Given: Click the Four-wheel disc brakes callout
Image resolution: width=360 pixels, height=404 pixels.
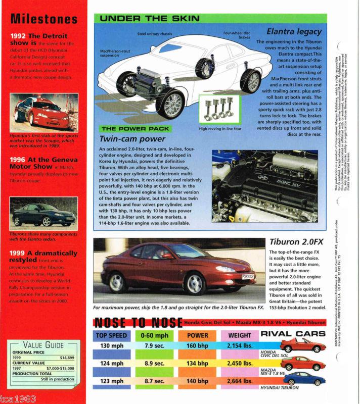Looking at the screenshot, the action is tap(237, 36).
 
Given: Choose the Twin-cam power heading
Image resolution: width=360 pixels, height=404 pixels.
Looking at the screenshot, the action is tap(132, 139).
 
